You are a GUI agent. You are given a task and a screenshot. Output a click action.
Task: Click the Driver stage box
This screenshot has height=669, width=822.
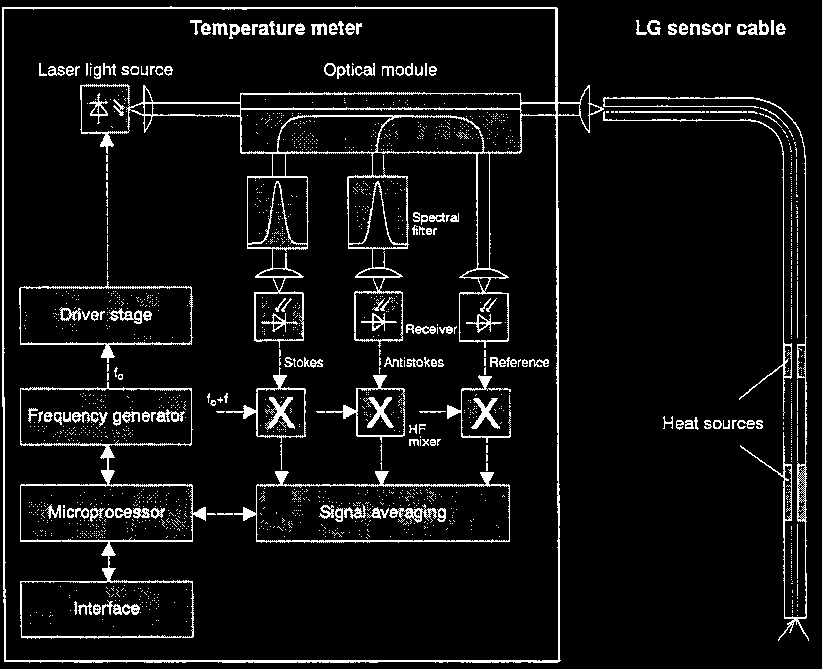106,315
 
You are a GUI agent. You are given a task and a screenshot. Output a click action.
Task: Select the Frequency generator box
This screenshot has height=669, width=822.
106,416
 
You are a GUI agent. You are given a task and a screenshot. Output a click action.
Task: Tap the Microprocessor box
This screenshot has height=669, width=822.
106,512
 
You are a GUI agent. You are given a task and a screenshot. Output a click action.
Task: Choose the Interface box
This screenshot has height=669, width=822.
107,609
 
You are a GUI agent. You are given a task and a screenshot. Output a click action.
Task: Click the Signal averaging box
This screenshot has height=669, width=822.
383,512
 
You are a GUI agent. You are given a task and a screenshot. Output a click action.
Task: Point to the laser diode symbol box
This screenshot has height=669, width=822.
105,109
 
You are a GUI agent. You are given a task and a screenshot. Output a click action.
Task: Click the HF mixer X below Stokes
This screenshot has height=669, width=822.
281,412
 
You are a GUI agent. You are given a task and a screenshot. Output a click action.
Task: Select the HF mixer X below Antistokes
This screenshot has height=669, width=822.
380,412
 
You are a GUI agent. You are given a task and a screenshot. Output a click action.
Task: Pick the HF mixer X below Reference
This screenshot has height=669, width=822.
485,412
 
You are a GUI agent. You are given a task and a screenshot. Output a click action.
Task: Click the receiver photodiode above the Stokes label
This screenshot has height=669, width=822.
279,317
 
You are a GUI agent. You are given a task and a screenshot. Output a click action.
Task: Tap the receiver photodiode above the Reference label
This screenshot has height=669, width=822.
484,317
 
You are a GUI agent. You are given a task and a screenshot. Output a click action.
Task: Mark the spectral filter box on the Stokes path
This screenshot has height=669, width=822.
277,212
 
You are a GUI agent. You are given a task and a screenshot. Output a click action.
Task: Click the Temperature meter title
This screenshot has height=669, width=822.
276,28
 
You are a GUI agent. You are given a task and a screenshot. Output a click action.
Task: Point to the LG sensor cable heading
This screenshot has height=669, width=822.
710,28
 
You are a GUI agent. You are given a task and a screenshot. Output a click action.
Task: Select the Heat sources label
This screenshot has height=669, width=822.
712,423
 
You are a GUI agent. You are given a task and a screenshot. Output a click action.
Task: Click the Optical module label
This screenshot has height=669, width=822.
380,70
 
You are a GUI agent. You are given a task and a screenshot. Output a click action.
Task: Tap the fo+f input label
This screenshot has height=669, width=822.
217,399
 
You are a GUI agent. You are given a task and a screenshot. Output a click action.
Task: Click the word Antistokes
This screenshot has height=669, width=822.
414,363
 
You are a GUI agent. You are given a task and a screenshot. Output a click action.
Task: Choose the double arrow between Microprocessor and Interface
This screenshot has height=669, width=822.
108,561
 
